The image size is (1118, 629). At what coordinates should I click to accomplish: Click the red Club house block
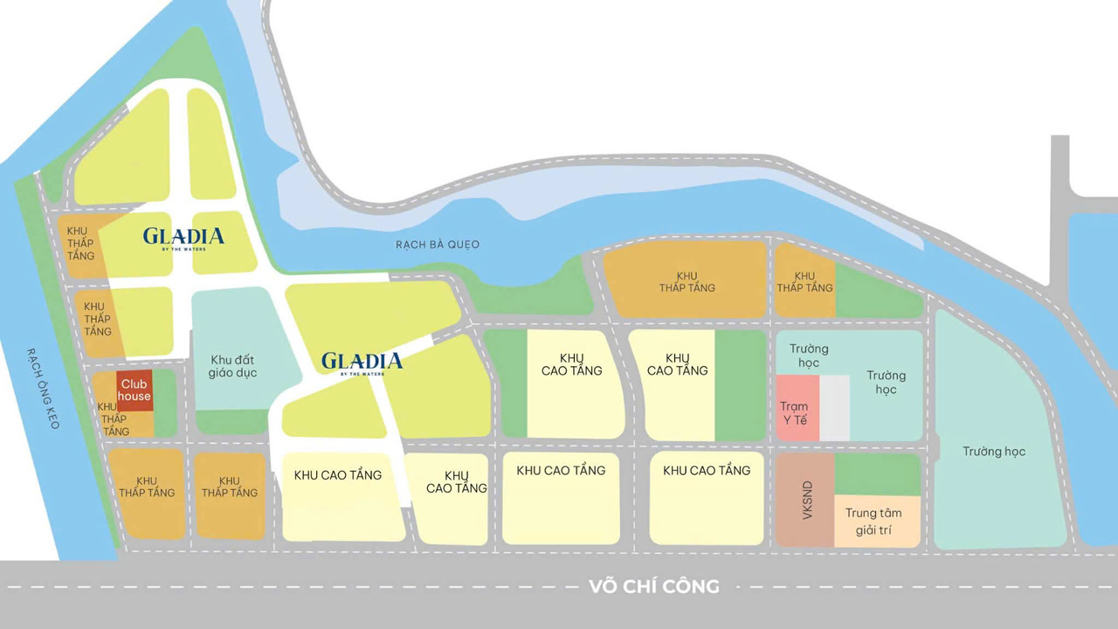click(135, 391)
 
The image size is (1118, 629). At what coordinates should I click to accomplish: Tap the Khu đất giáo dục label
click(234, 366)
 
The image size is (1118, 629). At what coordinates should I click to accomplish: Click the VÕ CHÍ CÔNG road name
click(654, 586)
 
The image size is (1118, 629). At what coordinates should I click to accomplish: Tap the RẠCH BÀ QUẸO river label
click(438, 245)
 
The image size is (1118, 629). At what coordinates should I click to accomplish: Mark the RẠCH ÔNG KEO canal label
click(43, 388)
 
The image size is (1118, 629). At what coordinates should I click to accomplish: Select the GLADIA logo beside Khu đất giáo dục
click(362, 363)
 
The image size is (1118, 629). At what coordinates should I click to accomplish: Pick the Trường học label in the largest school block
click(994, 452)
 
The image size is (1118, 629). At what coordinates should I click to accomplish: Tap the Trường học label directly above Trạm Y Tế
click(808, 356)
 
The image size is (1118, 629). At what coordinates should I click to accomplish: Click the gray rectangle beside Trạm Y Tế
click(835, 408)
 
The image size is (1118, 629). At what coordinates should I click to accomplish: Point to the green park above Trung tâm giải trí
click(878, 474)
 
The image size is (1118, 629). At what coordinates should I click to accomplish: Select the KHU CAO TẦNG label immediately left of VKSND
click(707, 471)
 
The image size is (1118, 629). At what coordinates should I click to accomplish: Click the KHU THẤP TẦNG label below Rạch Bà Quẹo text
click(687, 281)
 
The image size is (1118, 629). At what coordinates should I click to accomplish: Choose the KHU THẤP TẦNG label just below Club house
click(114, 419)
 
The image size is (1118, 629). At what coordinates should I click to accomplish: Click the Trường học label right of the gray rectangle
click(886, 383)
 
